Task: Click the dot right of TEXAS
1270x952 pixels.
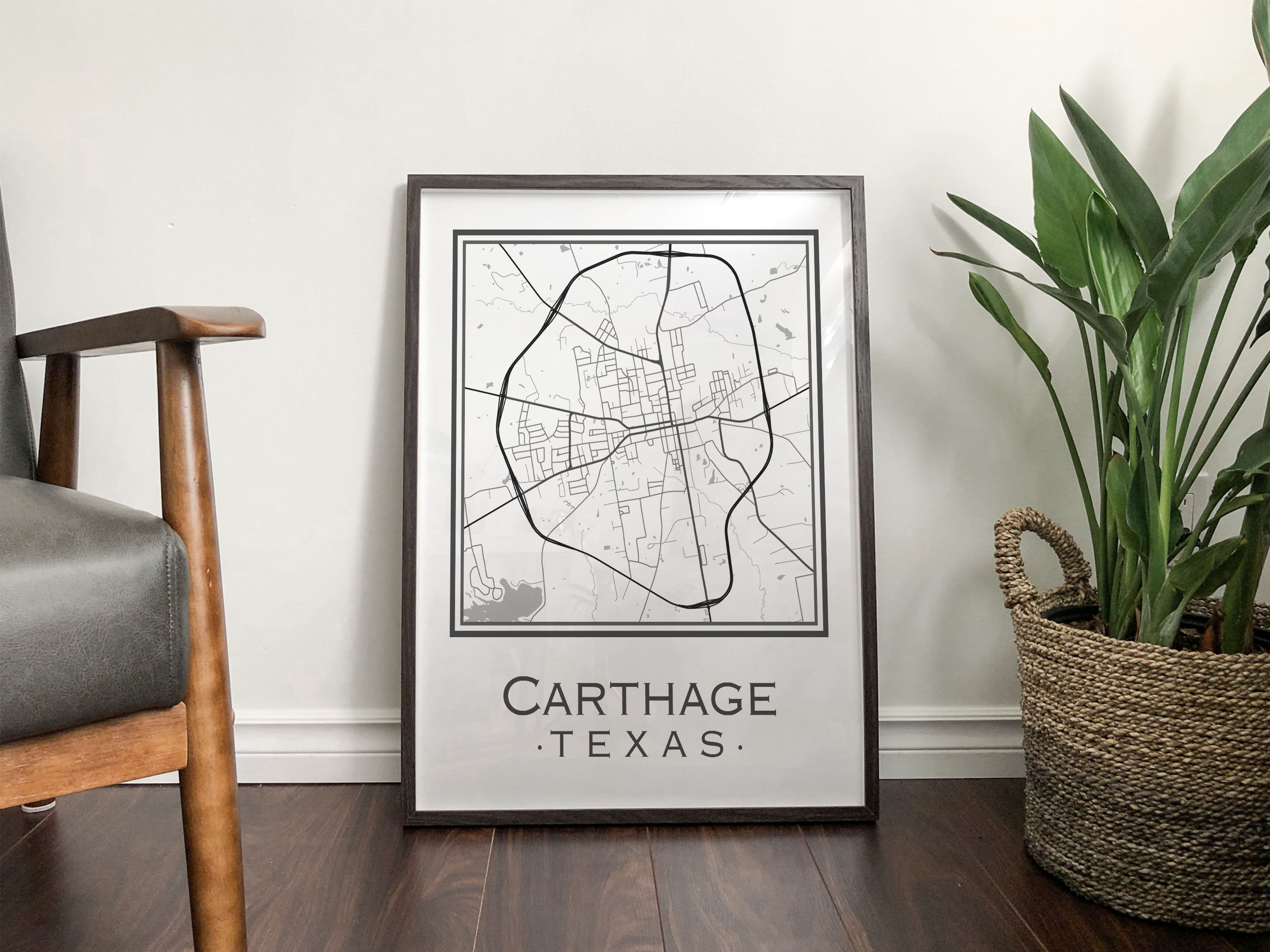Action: point(740,747)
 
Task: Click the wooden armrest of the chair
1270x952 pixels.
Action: point(144,324)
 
